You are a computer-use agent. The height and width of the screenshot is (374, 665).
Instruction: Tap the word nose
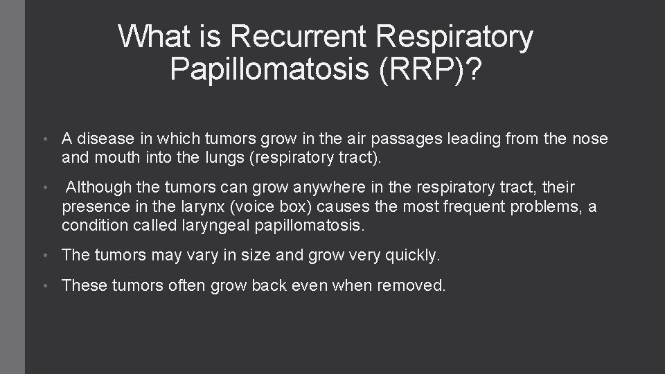pyautogui.click(x=590, y=139)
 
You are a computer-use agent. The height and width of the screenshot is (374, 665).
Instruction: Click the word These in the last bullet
pyautogui.click(x=82, y=285)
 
